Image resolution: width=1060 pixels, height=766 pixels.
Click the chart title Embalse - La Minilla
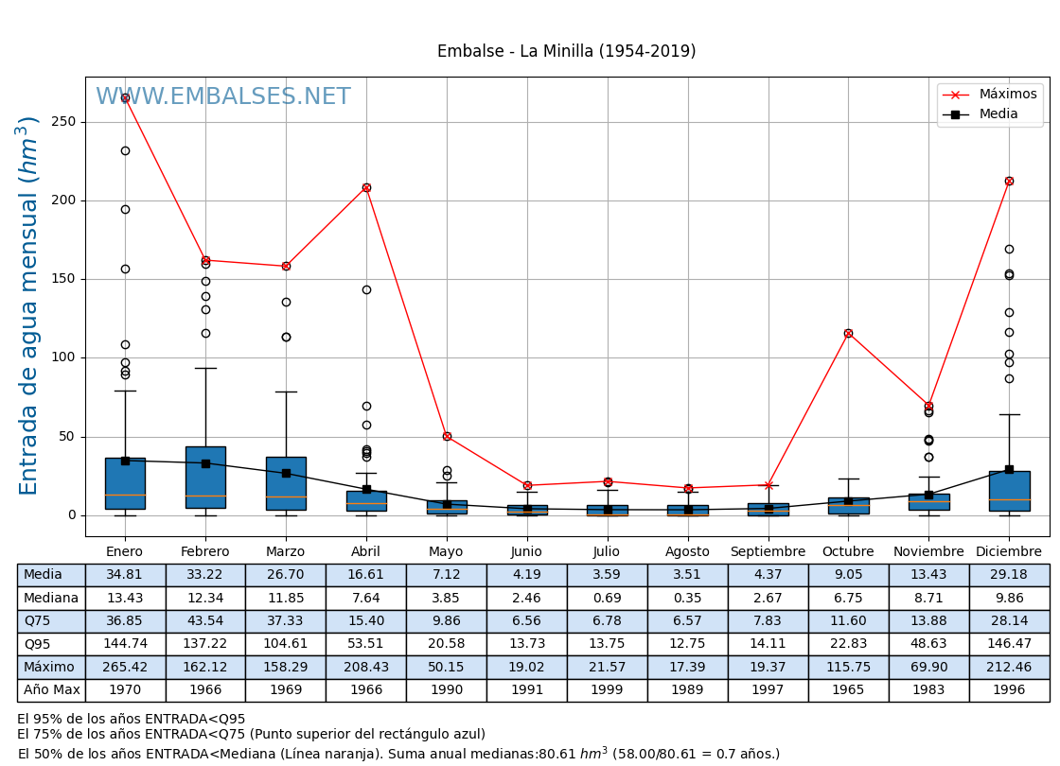point(566,52)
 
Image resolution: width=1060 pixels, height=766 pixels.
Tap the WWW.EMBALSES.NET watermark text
point(223,97)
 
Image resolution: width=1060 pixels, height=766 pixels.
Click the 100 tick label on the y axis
point(64,357)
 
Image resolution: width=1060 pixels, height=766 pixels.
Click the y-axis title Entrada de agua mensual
point(28,305)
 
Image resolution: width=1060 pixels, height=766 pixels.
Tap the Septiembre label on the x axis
point(768,552)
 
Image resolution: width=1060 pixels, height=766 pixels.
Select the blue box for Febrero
point(205,478)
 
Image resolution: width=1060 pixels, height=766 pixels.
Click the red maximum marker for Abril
point(366,187)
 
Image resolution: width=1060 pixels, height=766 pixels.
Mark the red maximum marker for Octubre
point(848,333)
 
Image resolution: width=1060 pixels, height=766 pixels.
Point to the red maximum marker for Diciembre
point(1009,181)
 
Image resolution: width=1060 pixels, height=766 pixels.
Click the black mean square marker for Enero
point(125,461)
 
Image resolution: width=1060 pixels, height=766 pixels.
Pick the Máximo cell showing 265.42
point(125,668)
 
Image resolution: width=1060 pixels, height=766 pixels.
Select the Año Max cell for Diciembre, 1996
point(1009,690)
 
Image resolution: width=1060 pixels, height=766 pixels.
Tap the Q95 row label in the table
point(51,644)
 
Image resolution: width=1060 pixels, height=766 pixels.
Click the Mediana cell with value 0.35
point(687,598)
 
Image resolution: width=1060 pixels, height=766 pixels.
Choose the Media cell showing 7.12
point(447,575)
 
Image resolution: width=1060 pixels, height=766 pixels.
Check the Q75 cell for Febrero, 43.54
point(205,621)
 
